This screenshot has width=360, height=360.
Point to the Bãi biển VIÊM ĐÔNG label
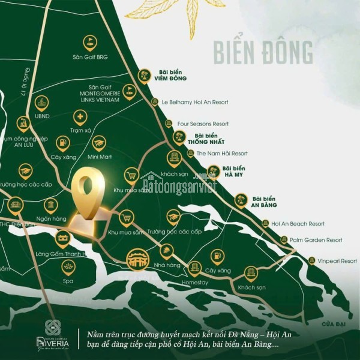pyautogui.click(x=170, y=75)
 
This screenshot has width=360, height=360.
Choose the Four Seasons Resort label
pyautogui.click(x=203, y=124)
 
